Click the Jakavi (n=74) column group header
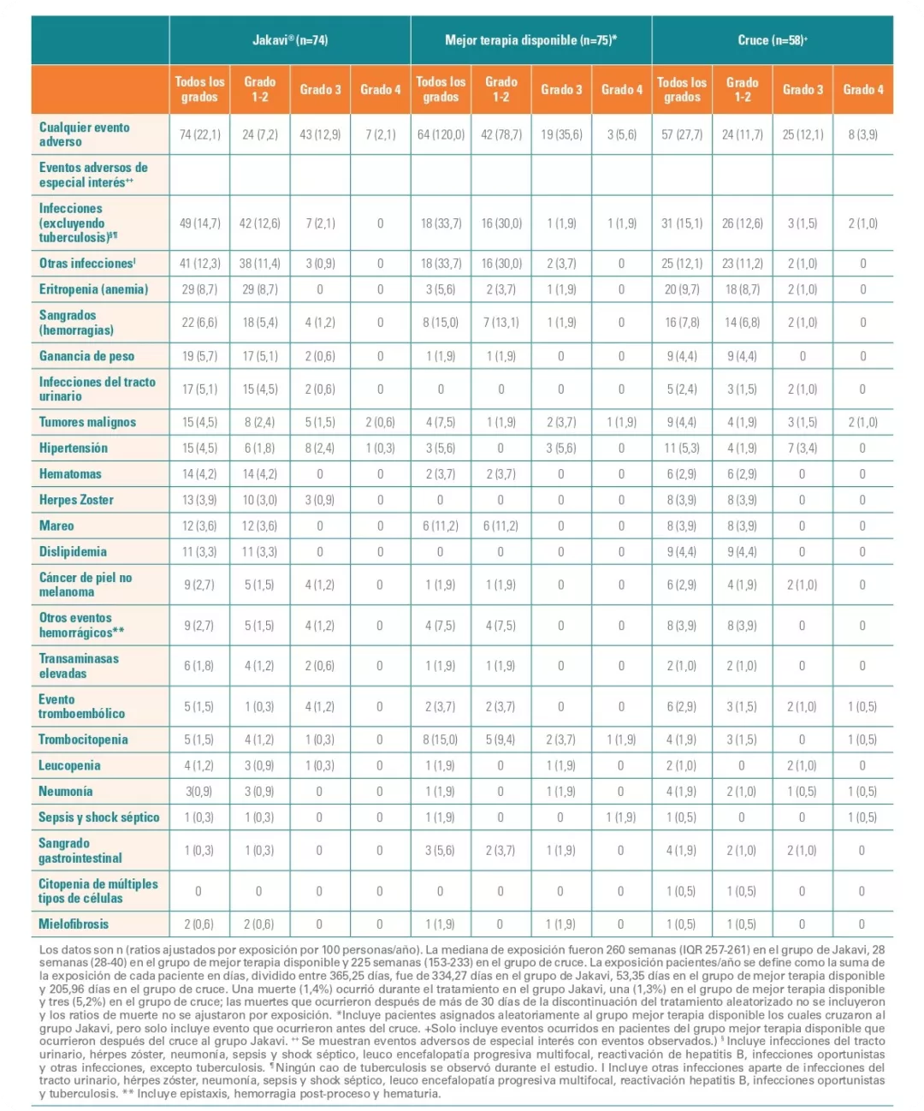coord(289,40)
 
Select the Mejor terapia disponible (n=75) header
coord(530,40)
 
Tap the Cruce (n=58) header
coord(772,40)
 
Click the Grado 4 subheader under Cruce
coord(862,89)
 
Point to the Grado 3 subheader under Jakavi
coord(320,89)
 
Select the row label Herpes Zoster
coord(76,500)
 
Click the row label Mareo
coord(56,526)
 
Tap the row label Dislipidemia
coord(73,552)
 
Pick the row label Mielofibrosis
coord(74,924)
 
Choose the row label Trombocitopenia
coord(83,740)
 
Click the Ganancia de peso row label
coord(86,356)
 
